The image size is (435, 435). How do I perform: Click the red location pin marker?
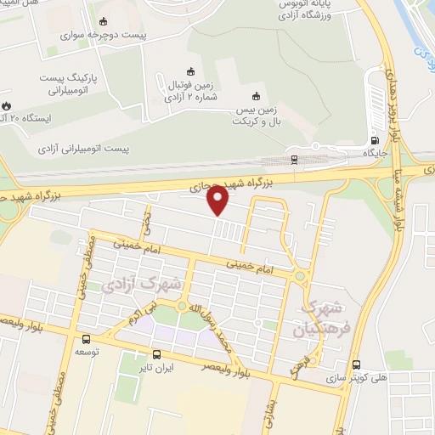pyautogui.click(x=218, y=201)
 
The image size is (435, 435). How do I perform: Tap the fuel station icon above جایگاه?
pyautogui.click(x=375, y=141)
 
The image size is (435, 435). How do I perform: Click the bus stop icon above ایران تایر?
pyautogui.click(x=156, y=354)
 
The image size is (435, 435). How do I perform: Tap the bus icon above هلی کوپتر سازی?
pyautogui.click(x=355, y=361)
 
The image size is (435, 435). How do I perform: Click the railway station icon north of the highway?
pyautogui.click(x=294, y=158)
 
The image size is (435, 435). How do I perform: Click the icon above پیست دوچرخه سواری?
pyautogui.click(x=104, y=22)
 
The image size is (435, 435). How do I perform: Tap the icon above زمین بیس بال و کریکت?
pyautogui.click(x=256, y=95)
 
